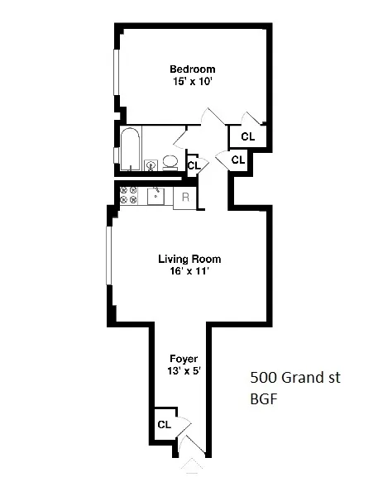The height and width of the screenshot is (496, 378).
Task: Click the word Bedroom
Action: pos(192,69)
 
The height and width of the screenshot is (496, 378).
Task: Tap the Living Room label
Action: pos(189,259)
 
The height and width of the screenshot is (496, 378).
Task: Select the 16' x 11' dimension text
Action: pos(189,271)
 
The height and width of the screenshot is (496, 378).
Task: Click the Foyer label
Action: pos(182,359)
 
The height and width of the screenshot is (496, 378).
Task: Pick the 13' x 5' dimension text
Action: pos(182,371)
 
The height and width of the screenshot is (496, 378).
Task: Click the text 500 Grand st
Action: pos(294,379)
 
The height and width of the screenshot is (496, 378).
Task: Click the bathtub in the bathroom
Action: pos(131,150)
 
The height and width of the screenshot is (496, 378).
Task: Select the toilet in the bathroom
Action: pos(170,161)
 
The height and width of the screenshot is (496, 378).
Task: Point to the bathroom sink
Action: pos(151,165)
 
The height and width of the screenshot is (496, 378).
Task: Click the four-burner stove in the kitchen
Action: pos(129,196)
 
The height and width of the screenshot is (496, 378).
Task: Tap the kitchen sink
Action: pos(156,196)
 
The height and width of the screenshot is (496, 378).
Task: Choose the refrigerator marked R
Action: pos(185,197)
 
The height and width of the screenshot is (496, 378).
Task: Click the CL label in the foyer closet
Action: pos(164,425)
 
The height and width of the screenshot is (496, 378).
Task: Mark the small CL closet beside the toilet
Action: pos(194,165)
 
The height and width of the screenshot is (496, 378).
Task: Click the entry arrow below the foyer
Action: pos(191,467)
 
